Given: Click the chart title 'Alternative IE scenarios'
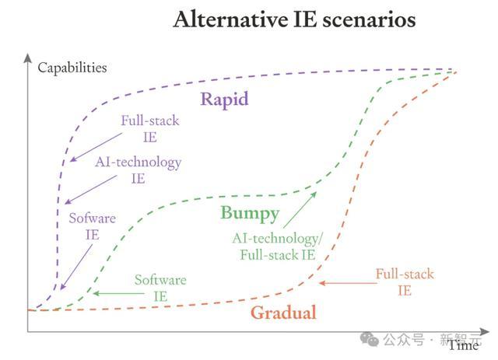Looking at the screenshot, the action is coord(294,19).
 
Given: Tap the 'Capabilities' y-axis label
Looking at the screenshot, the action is coord(72,68).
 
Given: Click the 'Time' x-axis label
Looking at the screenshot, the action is coord(464,345).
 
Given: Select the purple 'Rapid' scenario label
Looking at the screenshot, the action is coord(224,99).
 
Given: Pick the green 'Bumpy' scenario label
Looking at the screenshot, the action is coord(250,213).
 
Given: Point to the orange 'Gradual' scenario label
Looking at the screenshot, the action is coord(283,313).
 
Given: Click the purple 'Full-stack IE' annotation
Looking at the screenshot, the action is coord(150,129).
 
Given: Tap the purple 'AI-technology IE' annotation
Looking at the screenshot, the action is coord(139,170).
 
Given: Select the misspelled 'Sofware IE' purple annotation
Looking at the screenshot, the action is coord(93,226).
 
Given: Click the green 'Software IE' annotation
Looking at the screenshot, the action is coord(160,288).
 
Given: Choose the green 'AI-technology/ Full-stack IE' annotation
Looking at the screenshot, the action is coord(277,246).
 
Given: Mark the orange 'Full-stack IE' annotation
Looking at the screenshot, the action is coord(405,282).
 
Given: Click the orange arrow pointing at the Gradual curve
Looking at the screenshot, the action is coord(348,283).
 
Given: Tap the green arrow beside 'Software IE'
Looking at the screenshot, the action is coord(118,293).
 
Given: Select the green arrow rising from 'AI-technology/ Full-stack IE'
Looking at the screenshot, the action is coord(300,210).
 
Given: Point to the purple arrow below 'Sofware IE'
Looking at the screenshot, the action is coord(76,267).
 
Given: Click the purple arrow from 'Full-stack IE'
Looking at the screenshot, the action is coord(96,147).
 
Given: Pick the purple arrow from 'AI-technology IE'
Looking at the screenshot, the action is coord(90,190).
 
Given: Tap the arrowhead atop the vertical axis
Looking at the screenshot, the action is coord(28,58).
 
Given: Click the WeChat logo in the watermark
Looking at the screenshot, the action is coord(369,339).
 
